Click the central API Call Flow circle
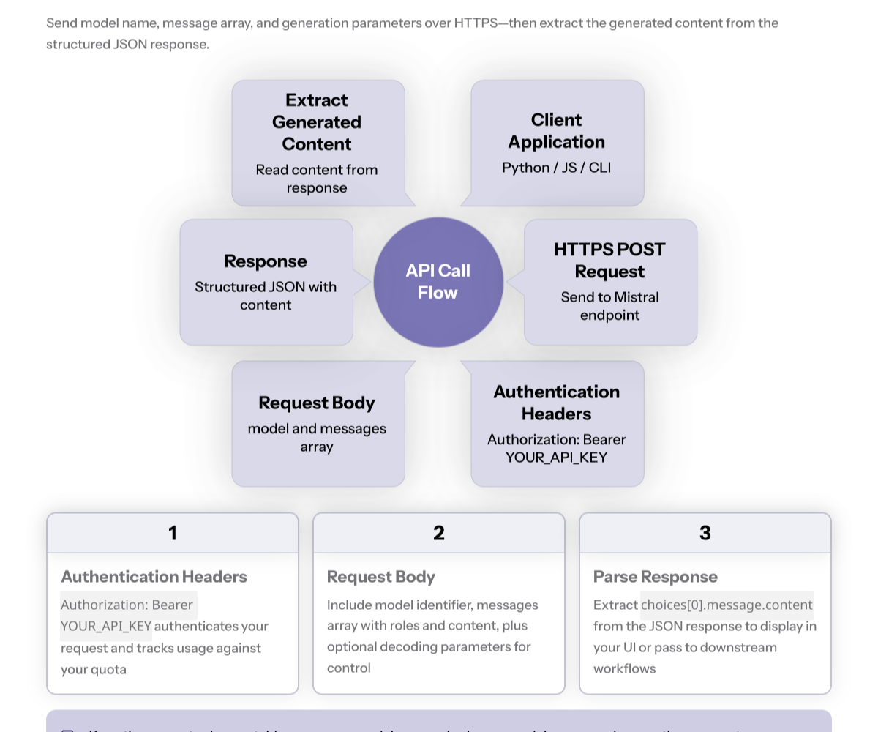[x=438, y=282]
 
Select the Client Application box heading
[x=556, y=131]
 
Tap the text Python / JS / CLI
[x=556, y=168]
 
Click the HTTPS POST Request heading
[x=609, y=261]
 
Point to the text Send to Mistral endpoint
[x=609, y=306]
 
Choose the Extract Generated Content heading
[x=317, y=122]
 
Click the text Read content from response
[x=317, y=179]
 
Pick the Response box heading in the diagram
[x=266, y=261]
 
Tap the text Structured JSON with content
[x=266, y=296]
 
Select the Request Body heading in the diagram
[x=317, y=403]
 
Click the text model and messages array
[x=317, y=438]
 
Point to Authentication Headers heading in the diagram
[x=556, y=403]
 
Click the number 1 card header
[x=173, y=533]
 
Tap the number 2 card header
[x=439, y=533]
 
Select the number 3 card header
[x=705, y=533]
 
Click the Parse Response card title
[x=656, y=577]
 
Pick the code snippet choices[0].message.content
[x=727, y=605]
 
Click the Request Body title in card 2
[x=381, y=577]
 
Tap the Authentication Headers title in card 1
[x=154, y=577]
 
